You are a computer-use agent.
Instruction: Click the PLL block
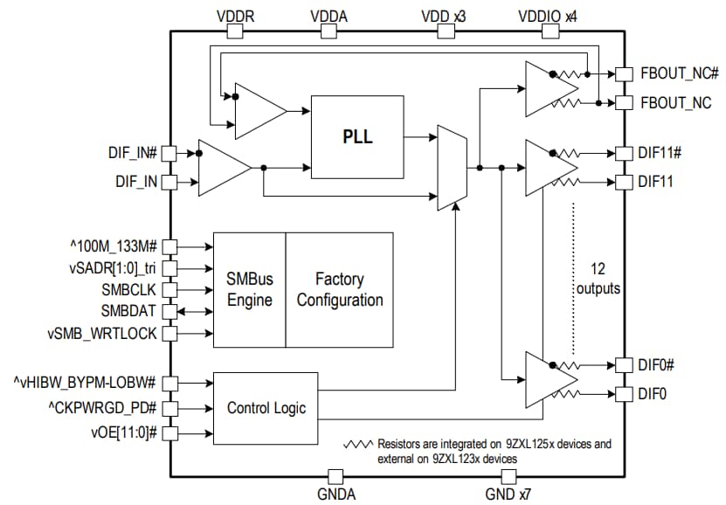click(x=357, y=137)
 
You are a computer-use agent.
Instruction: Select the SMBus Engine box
click(x=250, y=290)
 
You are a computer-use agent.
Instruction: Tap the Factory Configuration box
click(x=340, y=290)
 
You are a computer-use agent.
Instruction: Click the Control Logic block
click(x=266, y=408)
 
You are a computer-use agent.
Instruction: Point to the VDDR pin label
click(x=235, y=15)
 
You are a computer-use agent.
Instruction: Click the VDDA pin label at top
click(x=328, y=15)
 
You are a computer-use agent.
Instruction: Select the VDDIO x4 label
click(x=548, y=15)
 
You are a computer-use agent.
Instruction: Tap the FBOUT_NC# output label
click(x=678, y=74)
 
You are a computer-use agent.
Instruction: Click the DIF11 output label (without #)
click(x=655, y=182)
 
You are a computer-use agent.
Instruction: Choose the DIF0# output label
click(x=659, y=363)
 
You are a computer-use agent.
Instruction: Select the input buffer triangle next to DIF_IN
click(x=221, y=168)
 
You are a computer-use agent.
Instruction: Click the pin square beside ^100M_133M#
click(x=170, y=246)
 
